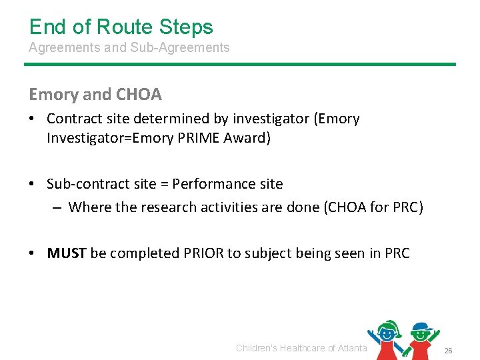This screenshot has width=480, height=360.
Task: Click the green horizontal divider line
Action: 240,64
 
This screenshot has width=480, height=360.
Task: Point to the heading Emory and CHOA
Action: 95,95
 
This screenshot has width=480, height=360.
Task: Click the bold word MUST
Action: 67,253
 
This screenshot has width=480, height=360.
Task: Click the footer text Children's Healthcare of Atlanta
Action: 301,348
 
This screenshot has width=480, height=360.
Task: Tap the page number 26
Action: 448,351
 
